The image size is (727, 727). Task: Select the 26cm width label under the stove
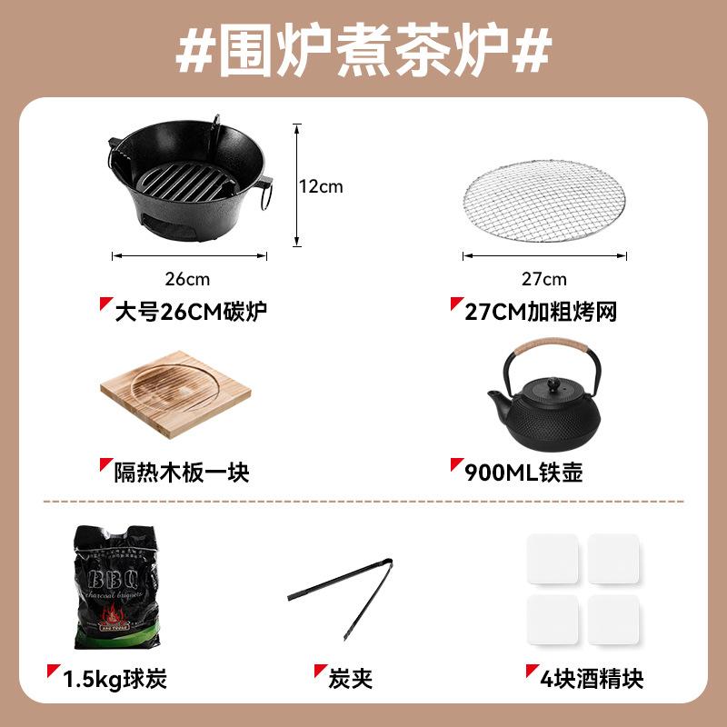(x=190, y=278)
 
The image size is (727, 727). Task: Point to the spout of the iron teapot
(x=497, y=401)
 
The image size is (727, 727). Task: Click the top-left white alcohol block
(x=553, y=558)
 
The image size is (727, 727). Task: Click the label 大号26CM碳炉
(x=191, y=313)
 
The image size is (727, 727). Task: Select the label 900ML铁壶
(x=523, y=473)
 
